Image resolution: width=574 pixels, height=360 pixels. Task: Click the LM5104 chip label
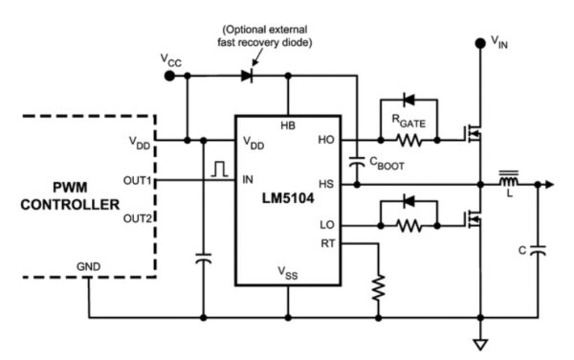click(288, 204)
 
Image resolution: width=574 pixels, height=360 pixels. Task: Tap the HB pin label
click(287, 125)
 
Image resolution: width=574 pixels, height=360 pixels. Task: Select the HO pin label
click(325, 140)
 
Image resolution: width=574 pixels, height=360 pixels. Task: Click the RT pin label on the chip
click(325, 242)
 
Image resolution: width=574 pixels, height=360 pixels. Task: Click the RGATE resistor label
click(407, 120)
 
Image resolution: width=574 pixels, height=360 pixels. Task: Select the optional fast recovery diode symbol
click(251, 74)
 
